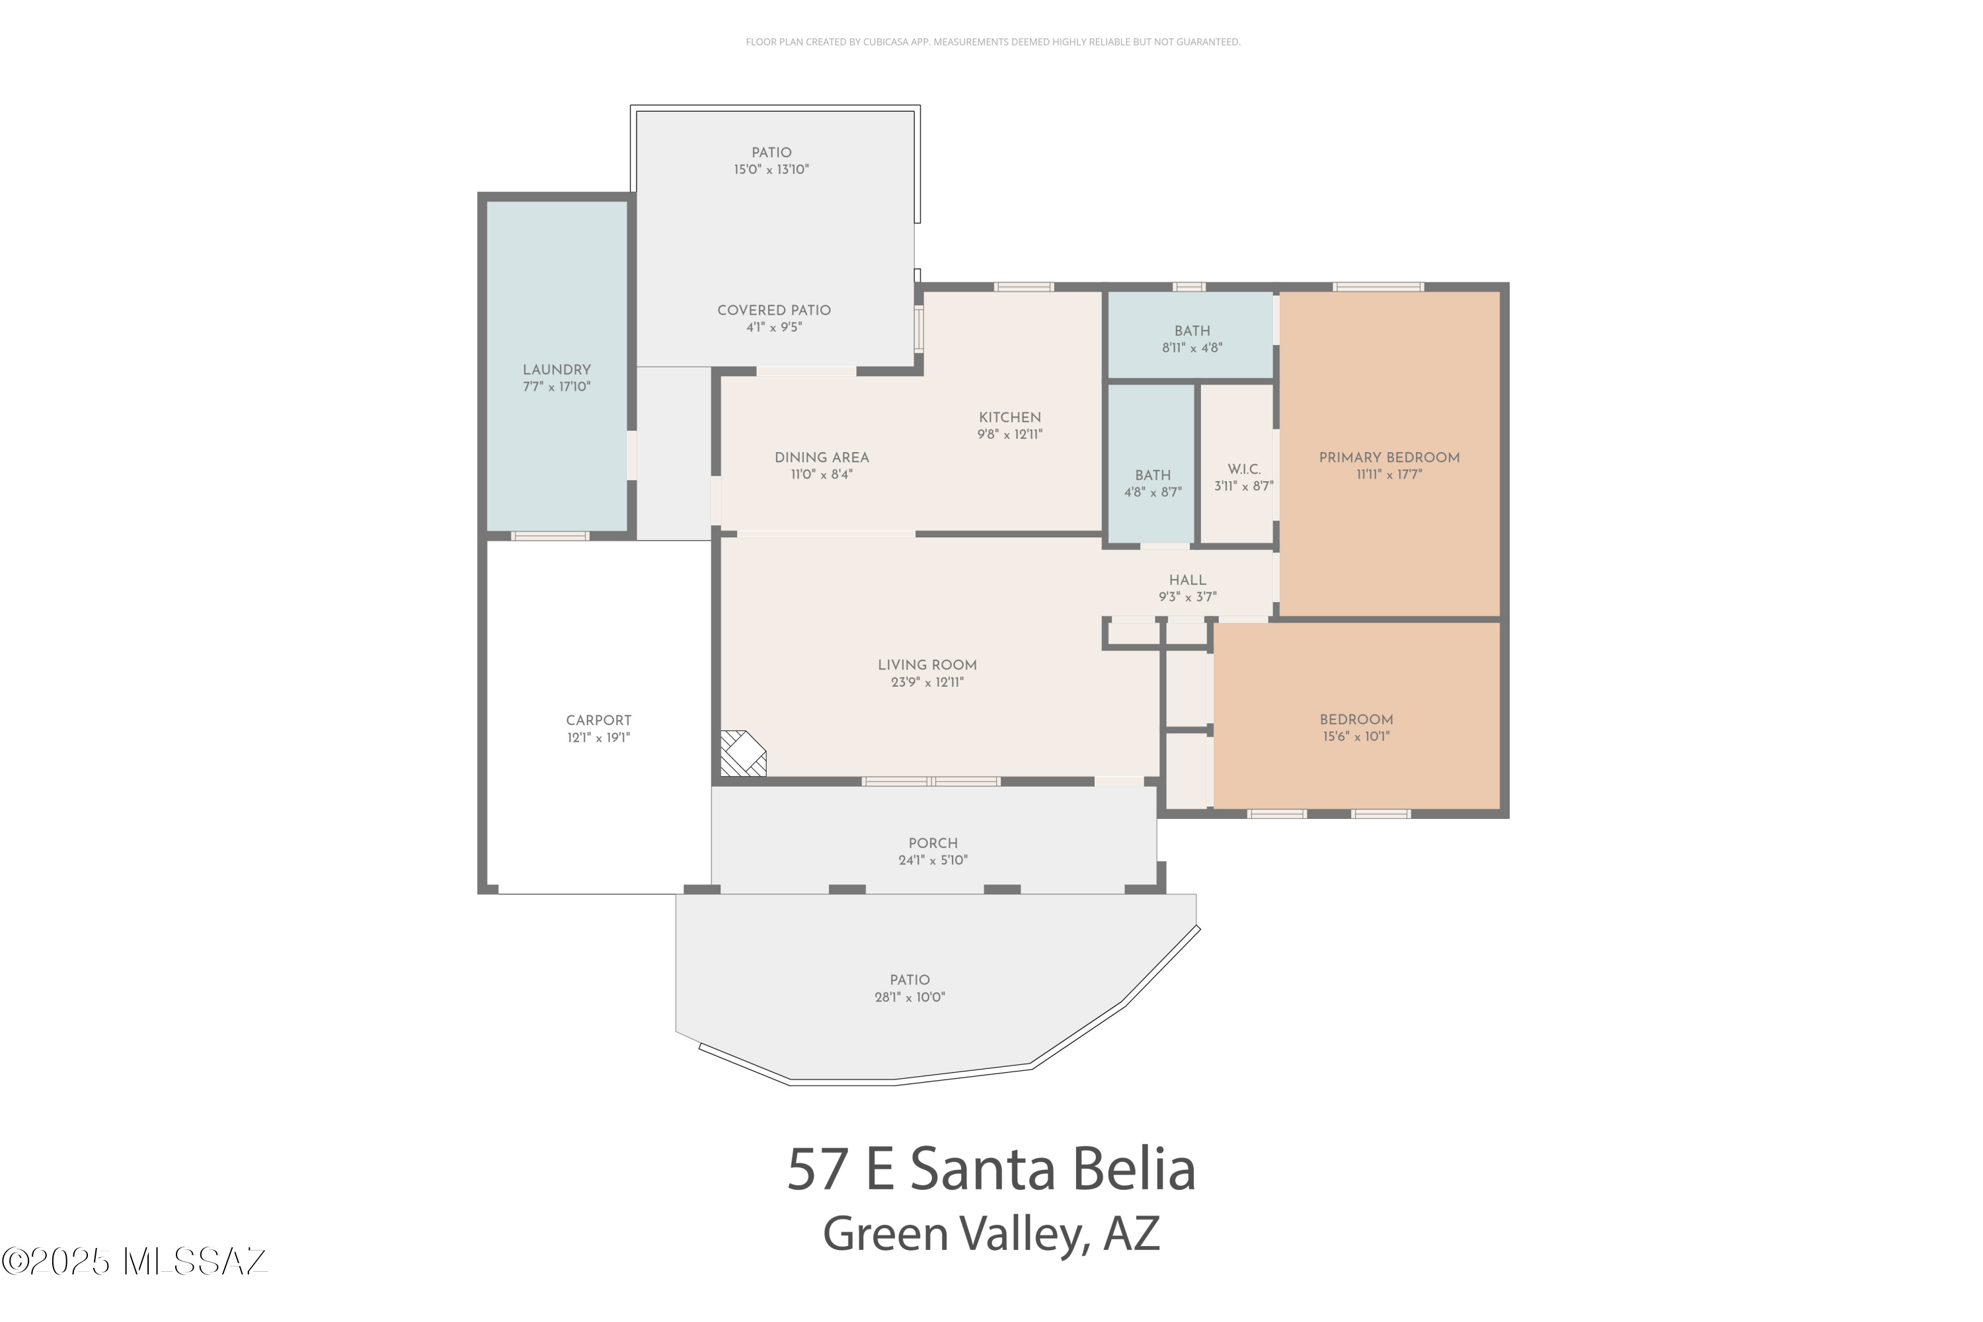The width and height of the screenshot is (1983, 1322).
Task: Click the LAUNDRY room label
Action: point(557,370)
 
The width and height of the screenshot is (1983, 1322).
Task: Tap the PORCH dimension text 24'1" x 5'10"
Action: point(933,860)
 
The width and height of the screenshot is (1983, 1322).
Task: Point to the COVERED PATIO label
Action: point(774,310)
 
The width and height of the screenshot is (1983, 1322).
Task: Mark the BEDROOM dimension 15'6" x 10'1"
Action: point(1356,736)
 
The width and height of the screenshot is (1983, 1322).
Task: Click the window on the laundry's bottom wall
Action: point(550,536)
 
